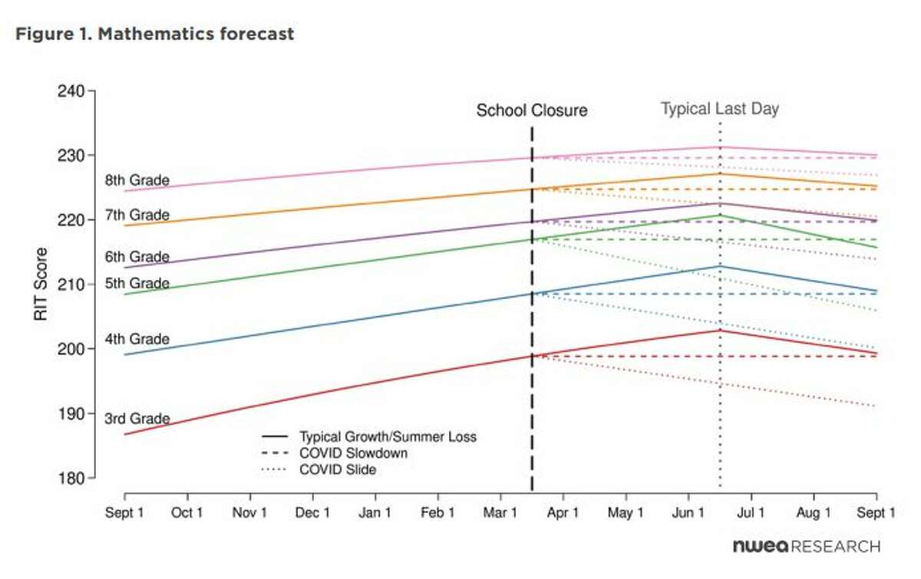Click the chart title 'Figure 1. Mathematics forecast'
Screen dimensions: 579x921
(x=154, y=35)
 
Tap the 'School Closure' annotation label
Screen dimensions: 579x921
(x=532, y=110)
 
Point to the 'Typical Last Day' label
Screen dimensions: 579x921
(x=720, y=109)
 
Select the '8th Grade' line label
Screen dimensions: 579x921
(x=137, y=181)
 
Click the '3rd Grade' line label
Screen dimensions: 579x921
(x=137, y=419)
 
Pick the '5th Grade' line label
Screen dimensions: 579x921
(x=137, y=284)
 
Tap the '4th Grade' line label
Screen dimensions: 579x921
(x=137, y=340)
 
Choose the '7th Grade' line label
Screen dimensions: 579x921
(x=137, y=215)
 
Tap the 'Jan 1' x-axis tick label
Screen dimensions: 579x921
(x=376, y=513)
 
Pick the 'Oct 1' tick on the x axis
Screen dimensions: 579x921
(x=187, y=513)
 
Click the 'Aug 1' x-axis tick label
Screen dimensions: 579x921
(x=814, y=513)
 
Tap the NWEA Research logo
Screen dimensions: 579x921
(x=806, y=547)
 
